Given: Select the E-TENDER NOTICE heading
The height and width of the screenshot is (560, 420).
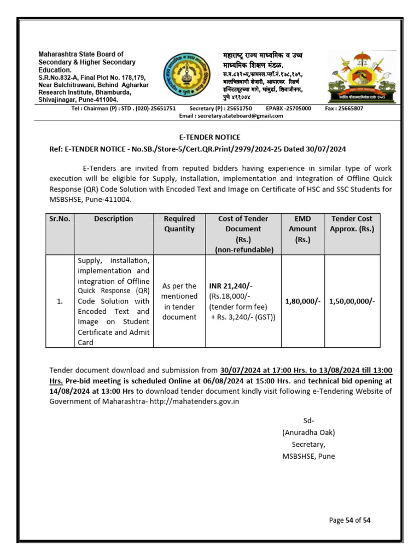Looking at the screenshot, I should tap(210, 137).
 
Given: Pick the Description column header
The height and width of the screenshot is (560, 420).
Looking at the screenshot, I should tap(113, 219).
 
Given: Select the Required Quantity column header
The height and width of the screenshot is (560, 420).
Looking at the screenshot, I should tap(179, 224).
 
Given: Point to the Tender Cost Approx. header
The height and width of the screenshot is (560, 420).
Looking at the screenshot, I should tap(352, 224).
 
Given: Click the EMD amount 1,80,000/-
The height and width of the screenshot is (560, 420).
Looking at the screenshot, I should tap(302, 301).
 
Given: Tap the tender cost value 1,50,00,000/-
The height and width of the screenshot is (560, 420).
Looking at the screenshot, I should tap(352, 301).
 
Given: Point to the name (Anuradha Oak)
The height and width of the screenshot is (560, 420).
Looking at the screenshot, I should tap(308, 432).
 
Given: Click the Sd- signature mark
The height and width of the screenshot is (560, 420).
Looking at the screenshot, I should tap(308, 421).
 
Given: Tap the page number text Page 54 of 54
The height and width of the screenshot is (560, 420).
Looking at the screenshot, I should tap(350, 520).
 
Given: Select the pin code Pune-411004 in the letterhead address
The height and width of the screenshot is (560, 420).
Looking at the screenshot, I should tap(97, 100).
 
